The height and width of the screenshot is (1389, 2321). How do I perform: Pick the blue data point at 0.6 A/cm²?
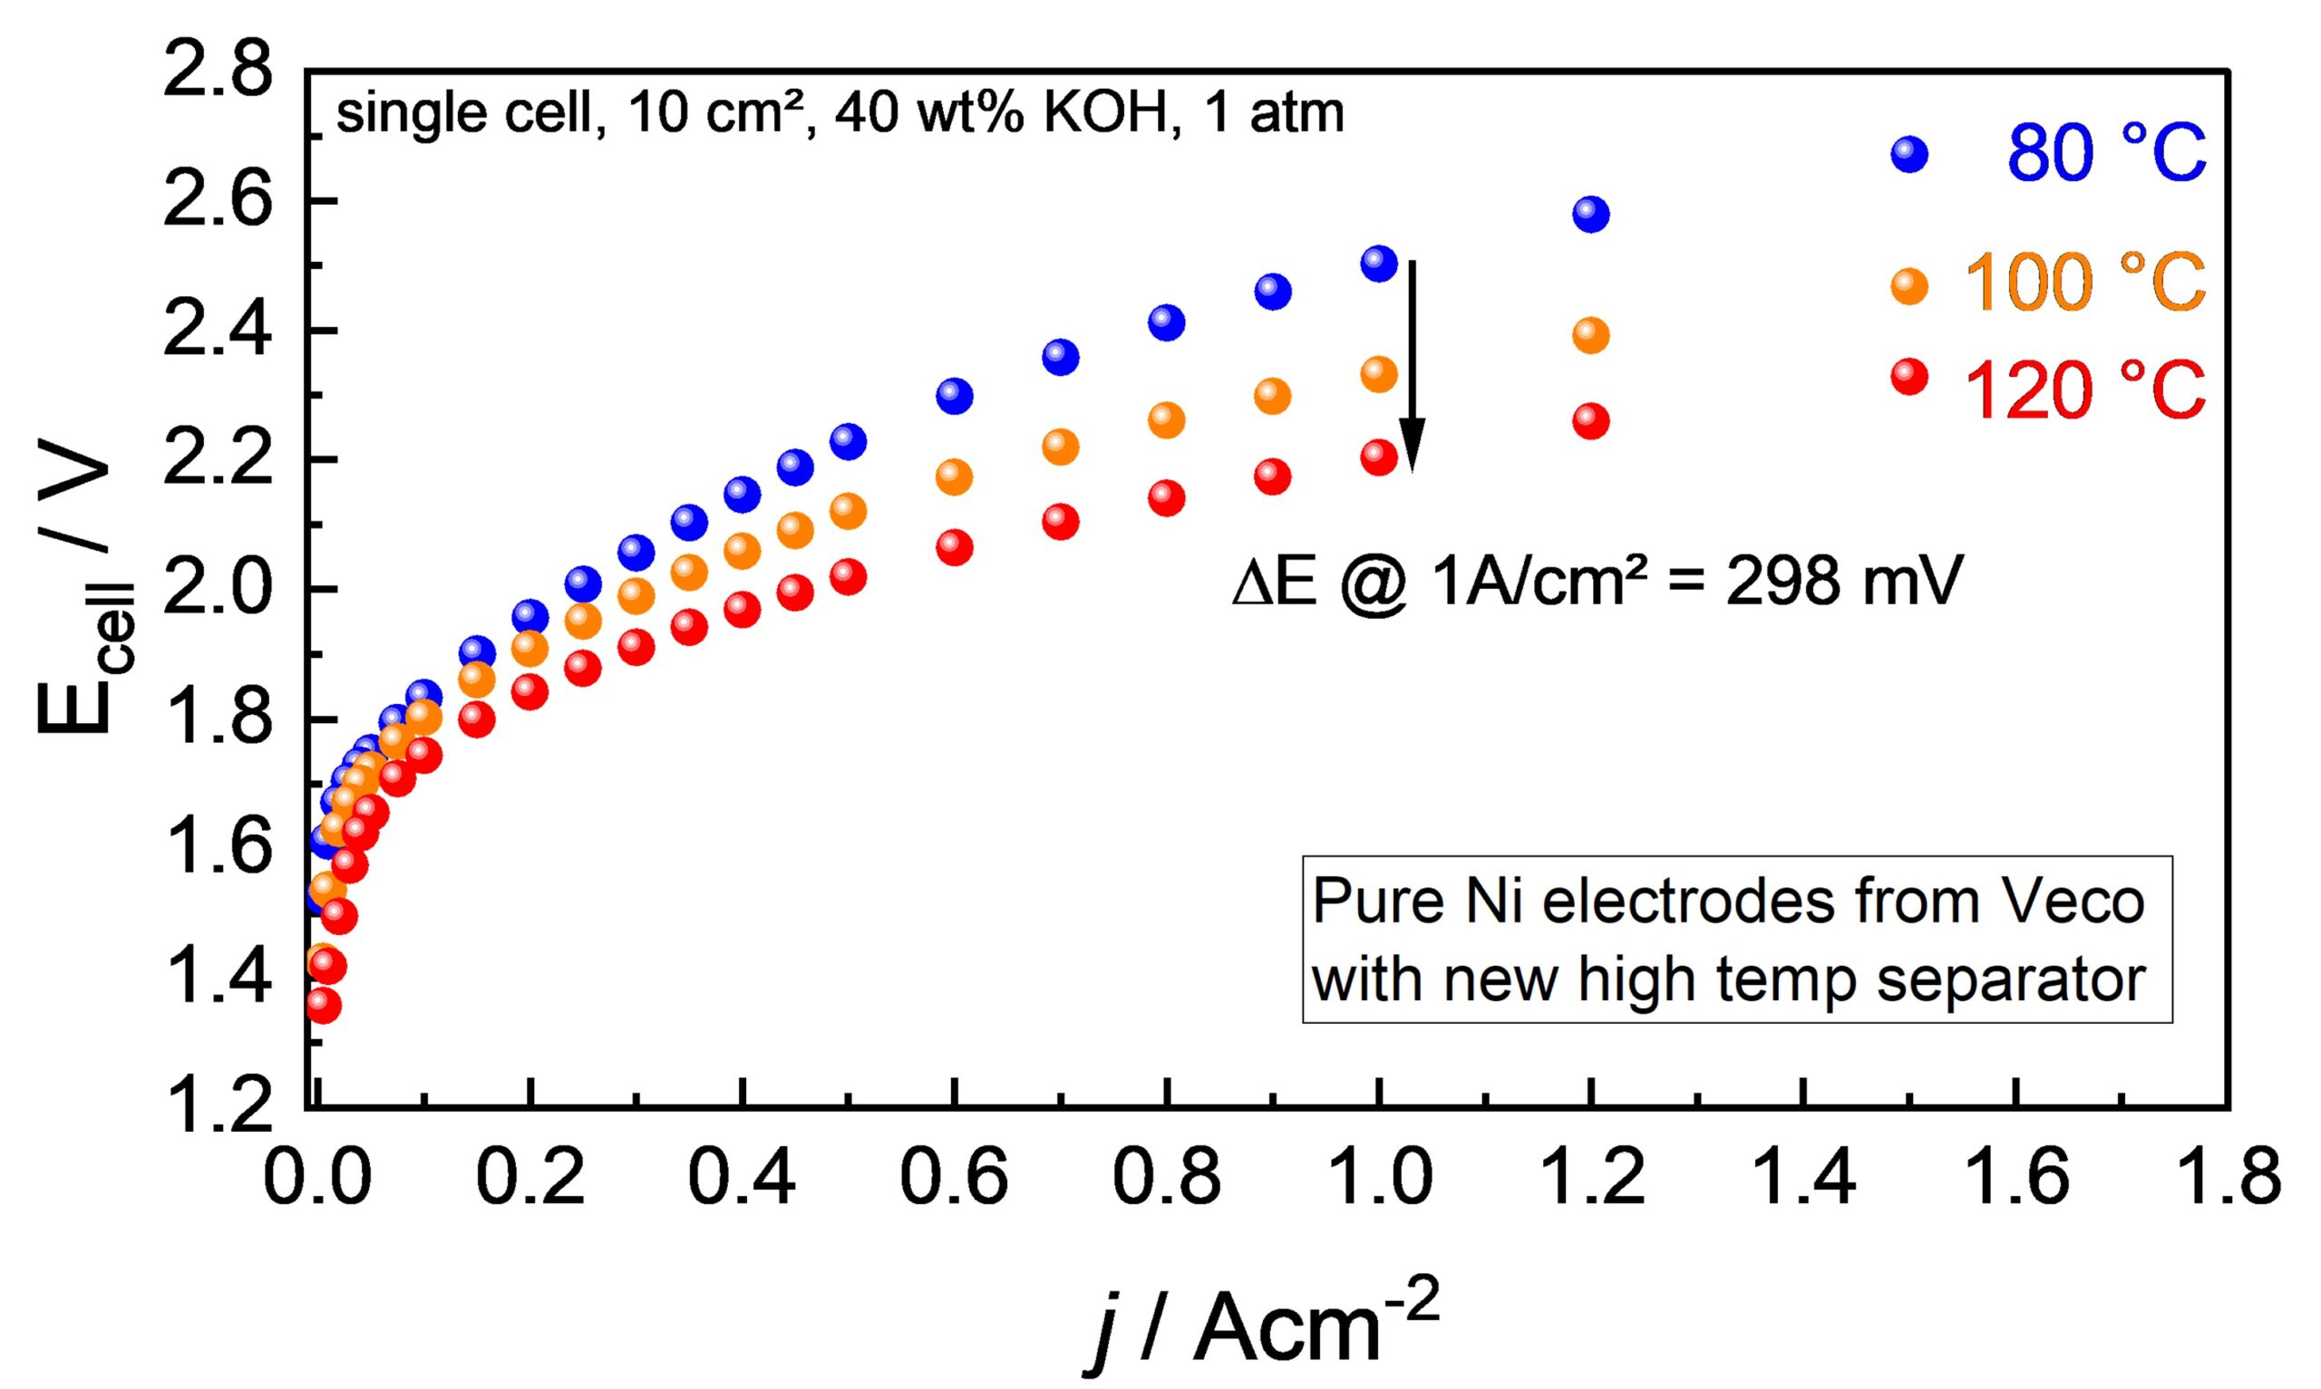pos(954,396)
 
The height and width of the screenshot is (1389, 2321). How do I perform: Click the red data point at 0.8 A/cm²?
pos(1166,498)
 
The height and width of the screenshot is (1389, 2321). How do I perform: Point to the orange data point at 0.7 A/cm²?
pos(1060,447)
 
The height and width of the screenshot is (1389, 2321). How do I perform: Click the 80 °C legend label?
pos(2105,154)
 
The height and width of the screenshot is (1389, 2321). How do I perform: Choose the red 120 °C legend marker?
pos(1910,377)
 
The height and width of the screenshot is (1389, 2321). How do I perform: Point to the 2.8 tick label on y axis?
pos(218,73)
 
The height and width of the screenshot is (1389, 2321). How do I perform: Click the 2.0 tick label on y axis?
pos(218,589)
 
